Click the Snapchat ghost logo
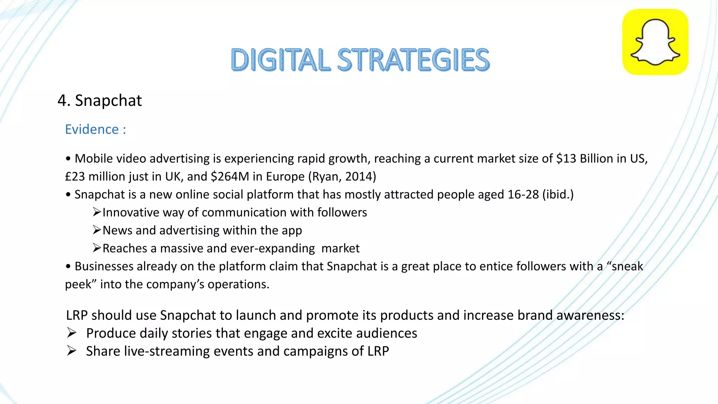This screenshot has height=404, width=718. click(655, 42)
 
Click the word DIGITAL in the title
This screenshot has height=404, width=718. click(280, 60)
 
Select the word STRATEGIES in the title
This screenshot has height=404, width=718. click(413, 60)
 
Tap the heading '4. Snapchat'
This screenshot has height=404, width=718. click(100, 101)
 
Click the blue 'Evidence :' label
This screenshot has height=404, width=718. click(95, 129)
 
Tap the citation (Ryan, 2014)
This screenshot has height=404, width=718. click(342, 176)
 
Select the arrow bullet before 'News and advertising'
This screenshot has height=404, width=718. click(97, 230)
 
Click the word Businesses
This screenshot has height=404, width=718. click(104, 266)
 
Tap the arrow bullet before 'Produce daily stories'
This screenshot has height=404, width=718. click(72, 333)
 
